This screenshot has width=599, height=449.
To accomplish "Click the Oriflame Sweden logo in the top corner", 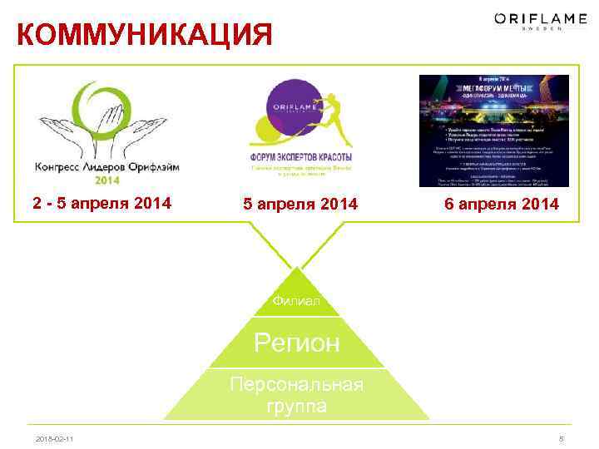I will point(528,21).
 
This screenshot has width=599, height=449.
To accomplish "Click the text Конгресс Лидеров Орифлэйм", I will point(107,166).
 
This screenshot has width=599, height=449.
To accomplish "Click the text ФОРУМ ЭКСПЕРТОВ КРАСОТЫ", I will point(300,157).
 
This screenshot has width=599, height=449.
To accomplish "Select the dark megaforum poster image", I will point(493,131).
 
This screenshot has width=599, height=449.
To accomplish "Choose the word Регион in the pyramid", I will point(297,343).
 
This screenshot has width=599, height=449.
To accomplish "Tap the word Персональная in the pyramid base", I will point(297,385).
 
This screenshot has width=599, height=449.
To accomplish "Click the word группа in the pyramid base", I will point(297,407).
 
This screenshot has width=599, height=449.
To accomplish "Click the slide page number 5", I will point(563,438).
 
